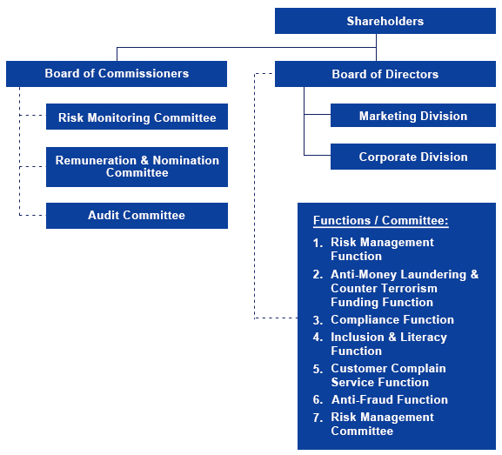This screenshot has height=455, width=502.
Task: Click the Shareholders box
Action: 385,21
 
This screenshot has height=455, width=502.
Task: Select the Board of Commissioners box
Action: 117,74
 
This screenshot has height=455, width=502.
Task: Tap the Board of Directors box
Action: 385,74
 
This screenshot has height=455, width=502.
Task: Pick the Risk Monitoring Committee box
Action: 137,117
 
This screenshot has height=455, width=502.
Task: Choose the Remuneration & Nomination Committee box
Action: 137,167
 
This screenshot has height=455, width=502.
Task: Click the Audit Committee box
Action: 137,216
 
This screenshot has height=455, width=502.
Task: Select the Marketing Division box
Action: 413,115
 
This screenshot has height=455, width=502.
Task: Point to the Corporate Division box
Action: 413,157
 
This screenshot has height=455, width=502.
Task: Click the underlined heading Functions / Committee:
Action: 381,221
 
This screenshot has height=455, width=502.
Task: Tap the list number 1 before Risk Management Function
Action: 318,243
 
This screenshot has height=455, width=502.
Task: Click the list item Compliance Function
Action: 392,319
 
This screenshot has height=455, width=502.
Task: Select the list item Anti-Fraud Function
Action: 389,399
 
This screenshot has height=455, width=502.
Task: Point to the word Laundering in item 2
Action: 433,275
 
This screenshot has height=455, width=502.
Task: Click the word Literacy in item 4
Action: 424,338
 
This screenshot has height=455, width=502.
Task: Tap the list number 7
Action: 318,418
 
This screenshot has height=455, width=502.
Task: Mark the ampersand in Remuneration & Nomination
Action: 144,160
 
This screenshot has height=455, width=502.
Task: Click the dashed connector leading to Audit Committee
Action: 33,215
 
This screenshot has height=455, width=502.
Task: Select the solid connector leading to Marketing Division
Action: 318,114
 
